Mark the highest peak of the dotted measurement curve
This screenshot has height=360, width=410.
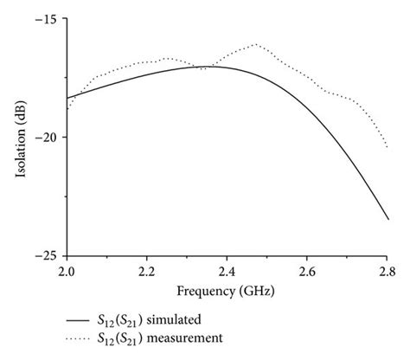256,44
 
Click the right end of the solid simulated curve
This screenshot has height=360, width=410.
388,219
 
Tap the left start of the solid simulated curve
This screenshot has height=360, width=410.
67,99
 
